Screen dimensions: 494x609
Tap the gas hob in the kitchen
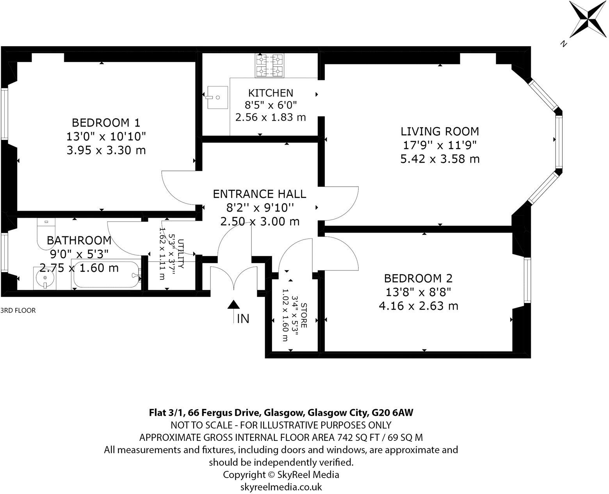(269, 65)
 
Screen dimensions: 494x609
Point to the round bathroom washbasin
(45, 278)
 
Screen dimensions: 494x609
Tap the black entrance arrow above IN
(233, 305)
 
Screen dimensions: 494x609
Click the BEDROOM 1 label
(106, 123)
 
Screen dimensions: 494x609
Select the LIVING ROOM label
(440, 131)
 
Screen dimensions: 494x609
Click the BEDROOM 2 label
(418, 278)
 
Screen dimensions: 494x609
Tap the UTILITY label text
(180, 253)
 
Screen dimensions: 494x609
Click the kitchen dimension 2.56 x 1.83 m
(271, 117)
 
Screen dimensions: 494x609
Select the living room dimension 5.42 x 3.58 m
(440, 159)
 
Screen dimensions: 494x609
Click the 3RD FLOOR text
(18, 311)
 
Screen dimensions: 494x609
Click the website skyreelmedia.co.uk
(281, 487)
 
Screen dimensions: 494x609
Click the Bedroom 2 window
(527, 280)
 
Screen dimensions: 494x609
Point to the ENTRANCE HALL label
(260, 194)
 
